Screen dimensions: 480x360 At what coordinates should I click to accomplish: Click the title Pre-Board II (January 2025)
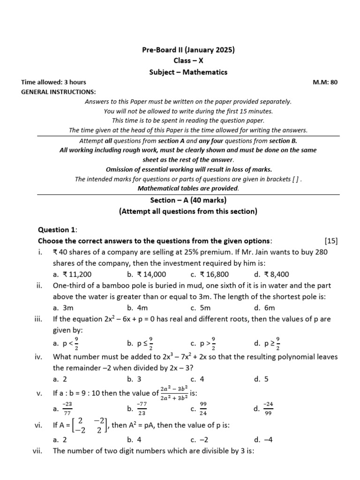click(x=188, y=50)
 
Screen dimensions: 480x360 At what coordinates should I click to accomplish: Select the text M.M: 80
click(x=325, y=82)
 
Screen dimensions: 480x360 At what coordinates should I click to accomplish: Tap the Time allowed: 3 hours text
click(x=54, y=82)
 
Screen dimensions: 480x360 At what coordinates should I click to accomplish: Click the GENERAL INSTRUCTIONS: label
click(x=59, y=91)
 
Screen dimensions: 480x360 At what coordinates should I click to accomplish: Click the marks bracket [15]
click(x=330, y=241)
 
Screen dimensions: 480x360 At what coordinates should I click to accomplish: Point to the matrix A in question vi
click(x=89, y=426)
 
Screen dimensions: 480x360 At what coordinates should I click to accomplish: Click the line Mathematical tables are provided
click(x=188, y=188)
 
